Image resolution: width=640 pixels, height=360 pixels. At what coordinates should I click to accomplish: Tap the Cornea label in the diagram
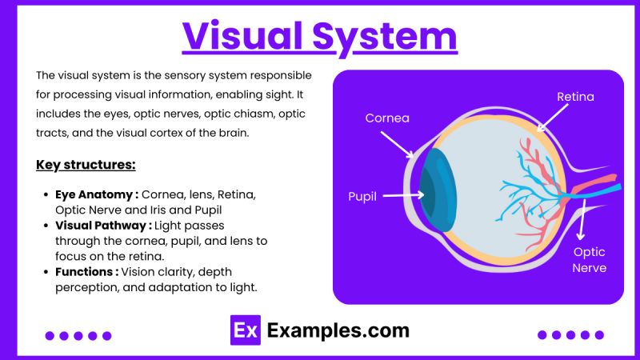387,118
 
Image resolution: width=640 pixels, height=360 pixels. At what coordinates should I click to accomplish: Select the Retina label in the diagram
576,97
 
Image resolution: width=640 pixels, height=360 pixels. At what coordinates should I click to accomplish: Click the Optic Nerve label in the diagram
589,260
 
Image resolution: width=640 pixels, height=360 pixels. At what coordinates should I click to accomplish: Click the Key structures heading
86,165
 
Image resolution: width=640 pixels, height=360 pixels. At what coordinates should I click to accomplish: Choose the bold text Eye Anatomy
96,195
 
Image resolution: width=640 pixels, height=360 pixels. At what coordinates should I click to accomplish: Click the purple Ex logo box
245,330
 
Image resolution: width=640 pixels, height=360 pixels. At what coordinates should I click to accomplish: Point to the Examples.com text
338,330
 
